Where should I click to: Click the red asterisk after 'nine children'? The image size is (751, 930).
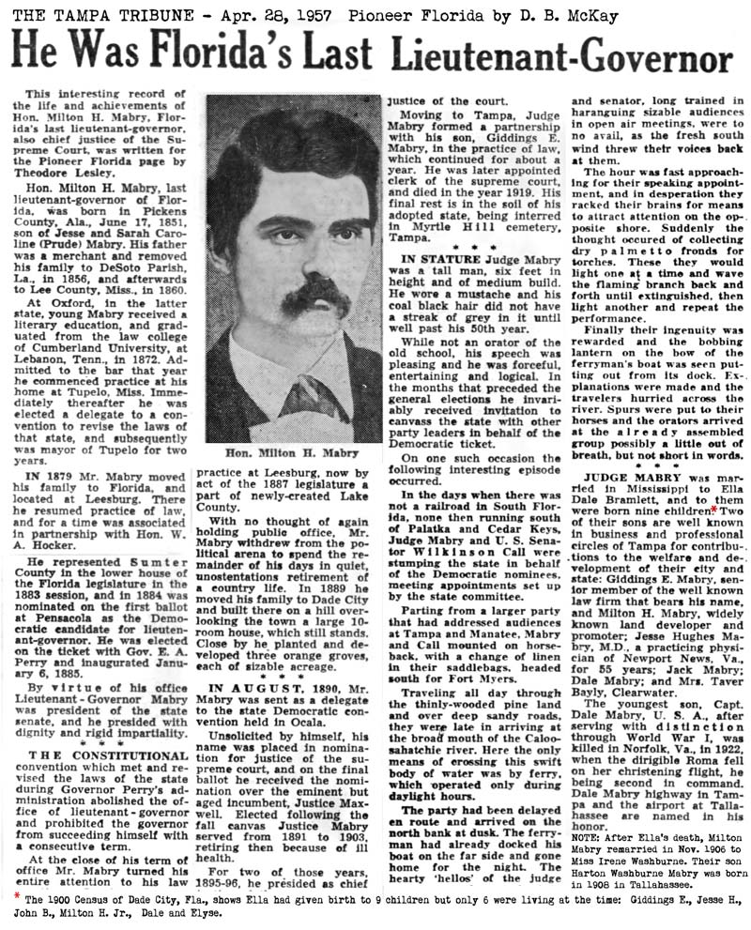click(x=713, y=510)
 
